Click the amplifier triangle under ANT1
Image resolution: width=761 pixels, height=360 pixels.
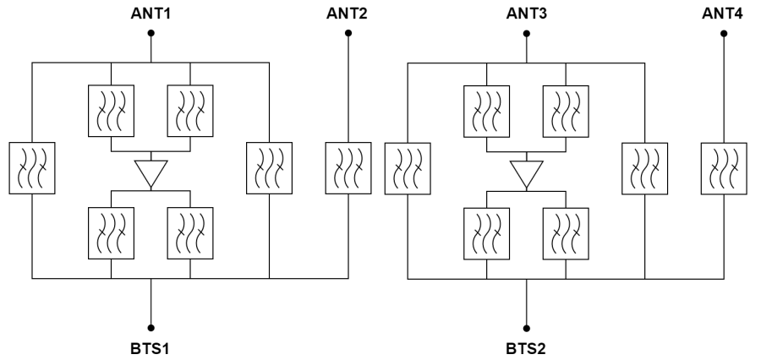(151, 172)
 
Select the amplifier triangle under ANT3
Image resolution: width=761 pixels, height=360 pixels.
(528, 172)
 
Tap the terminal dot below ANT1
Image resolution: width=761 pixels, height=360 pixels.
(151, 34)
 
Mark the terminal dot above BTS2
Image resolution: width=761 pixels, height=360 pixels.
(528, 327)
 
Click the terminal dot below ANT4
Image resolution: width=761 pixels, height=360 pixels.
(724, 34)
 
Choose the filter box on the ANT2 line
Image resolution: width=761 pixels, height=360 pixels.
(348, 166)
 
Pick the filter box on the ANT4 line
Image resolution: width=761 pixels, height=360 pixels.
(724, 166)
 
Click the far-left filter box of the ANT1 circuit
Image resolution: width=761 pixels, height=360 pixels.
(31, 166)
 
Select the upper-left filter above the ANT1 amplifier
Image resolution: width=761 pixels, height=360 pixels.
(112, 112)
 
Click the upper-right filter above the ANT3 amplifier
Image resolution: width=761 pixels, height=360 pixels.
(567, 112)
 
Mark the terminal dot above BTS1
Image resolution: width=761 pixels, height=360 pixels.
(151, 327)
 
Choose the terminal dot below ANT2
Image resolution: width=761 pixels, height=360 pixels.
(348, 34)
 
